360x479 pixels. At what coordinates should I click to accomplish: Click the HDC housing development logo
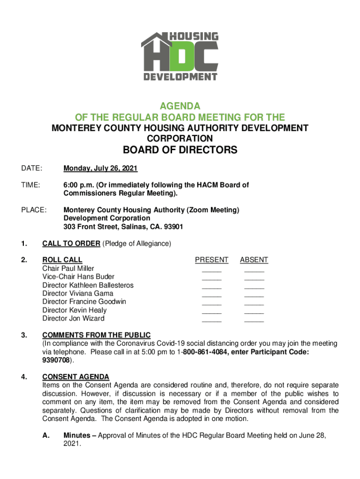pyautogui.click(x=180, y=57)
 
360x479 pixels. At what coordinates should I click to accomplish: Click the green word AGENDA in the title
pyautogui.click(x=180, y=106)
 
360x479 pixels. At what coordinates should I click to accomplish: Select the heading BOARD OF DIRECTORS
pyautogui.click(x=180, y=150)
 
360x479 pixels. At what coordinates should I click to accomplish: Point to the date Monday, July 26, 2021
pyautogui.click(x=101, y=168)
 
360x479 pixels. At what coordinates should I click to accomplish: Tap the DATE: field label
pyautogui.click(x=31, y=168)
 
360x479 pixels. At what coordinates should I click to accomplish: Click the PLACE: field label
pyautogui.click(x=33, y=210)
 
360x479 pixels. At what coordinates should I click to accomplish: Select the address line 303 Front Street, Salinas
pyautogui.click(x=123, y=227)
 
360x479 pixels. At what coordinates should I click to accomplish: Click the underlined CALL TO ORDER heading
pyautogui.click(x=71, y=243)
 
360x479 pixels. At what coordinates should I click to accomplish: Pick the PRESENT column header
pyautogui.click(x=212, y=260)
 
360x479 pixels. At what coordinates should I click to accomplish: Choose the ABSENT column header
pyautogui.click(x=254, y=260)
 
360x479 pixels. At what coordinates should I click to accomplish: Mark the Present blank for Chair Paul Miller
pyautogui.click(x=212, y=271)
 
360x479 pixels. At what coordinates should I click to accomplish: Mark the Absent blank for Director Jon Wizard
pyautogui.click(x=254, y=321)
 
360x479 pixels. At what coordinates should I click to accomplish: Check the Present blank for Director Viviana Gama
pyautogui.click(x=212, y=296)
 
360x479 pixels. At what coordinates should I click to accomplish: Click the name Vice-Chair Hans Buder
pyautogui.click(x=78, y=277)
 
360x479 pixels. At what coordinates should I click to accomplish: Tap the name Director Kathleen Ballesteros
pyautogui.click(x=88, y=285)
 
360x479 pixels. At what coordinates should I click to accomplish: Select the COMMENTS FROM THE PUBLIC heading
pyautogui.click(x=96, y=335)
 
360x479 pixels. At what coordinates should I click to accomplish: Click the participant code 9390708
pyautogui.click(x=56, y=360)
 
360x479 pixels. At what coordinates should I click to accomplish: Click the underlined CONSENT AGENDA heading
pyautogui.click(x=76, y=377)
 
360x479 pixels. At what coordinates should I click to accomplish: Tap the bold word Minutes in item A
pyautogui.click(x=78, y=435)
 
